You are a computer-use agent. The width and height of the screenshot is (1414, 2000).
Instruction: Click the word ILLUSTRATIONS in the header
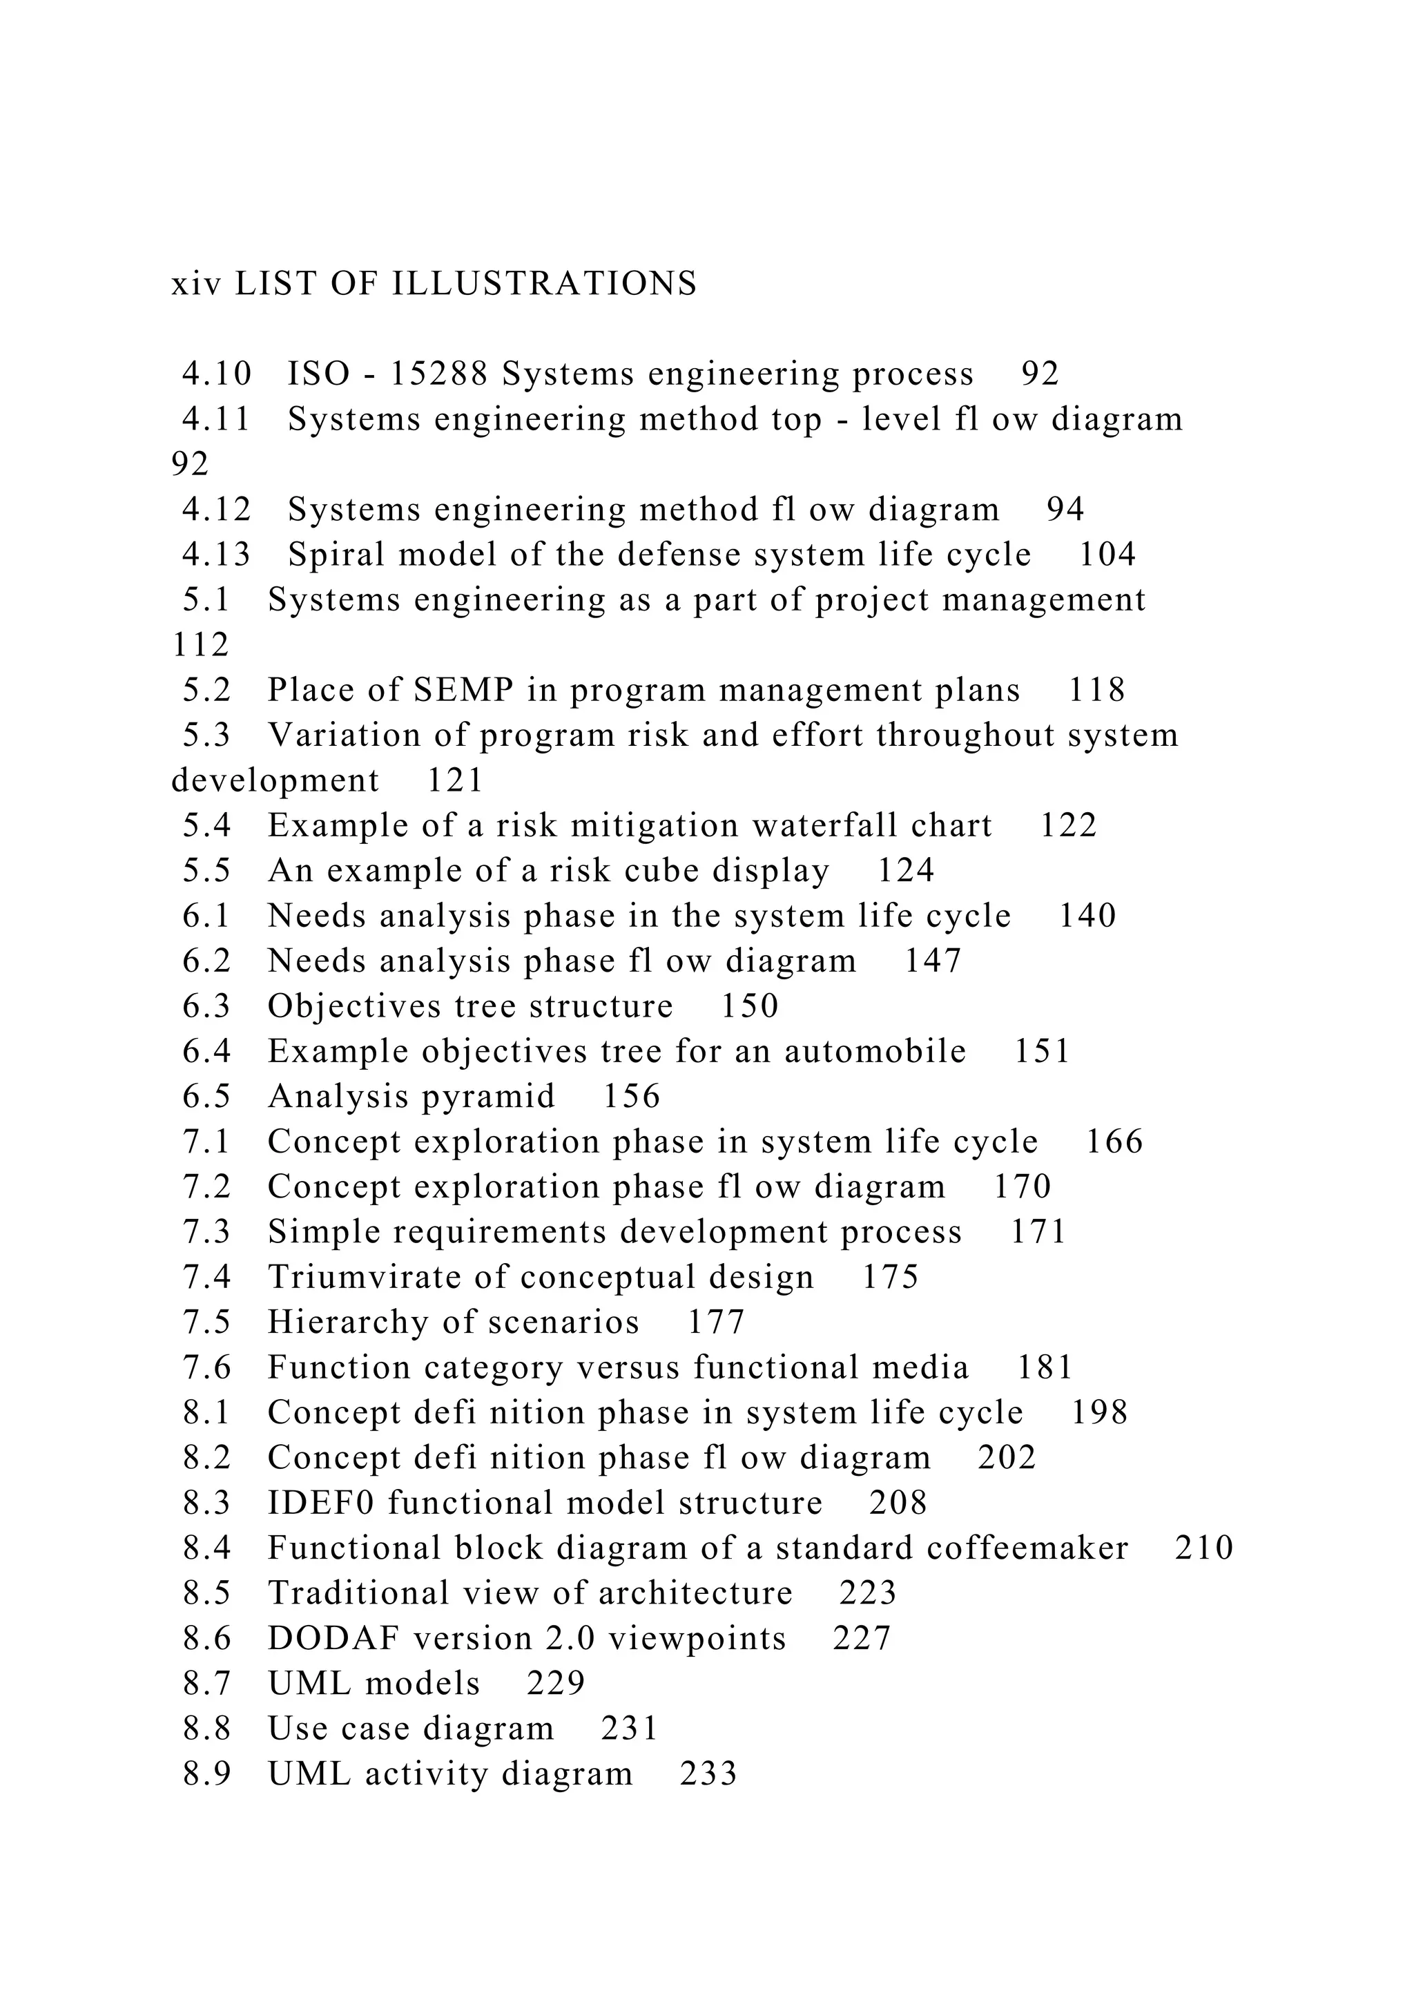point(544,284)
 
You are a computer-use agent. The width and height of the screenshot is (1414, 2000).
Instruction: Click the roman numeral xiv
point(196,284)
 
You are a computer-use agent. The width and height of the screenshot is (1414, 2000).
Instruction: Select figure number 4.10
point(216,374)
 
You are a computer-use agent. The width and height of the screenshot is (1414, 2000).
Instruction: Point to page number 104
point(1107,555)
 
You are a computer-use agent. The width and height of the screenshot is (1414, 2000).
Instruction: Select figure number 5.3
point(206,735)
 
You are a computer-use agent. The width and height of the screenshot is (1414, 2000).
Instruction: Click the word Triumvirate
point(365,1277)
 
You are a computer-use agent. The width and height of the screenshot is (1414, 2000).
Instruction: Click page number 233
point(708,1773)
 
